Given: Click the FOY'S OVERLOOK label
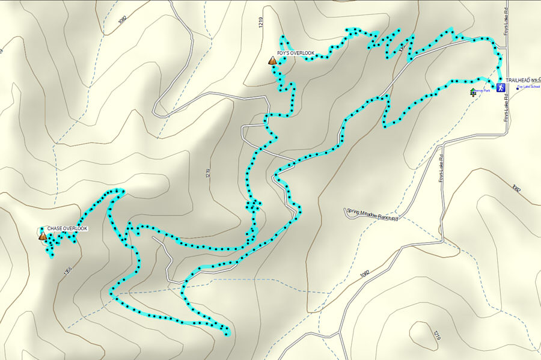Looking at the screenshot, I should (x=296, y=53).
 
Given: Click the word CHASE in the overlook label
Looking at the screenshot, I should (x=56, y=229).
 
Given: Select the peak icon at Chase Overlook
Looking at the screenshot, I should (x=43, y=236).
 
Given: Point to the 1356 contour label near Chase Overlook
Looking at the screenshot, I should (x=67, y=272).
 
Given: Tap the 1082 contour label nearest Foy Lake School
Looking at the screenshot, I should (x=515, y=188).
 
